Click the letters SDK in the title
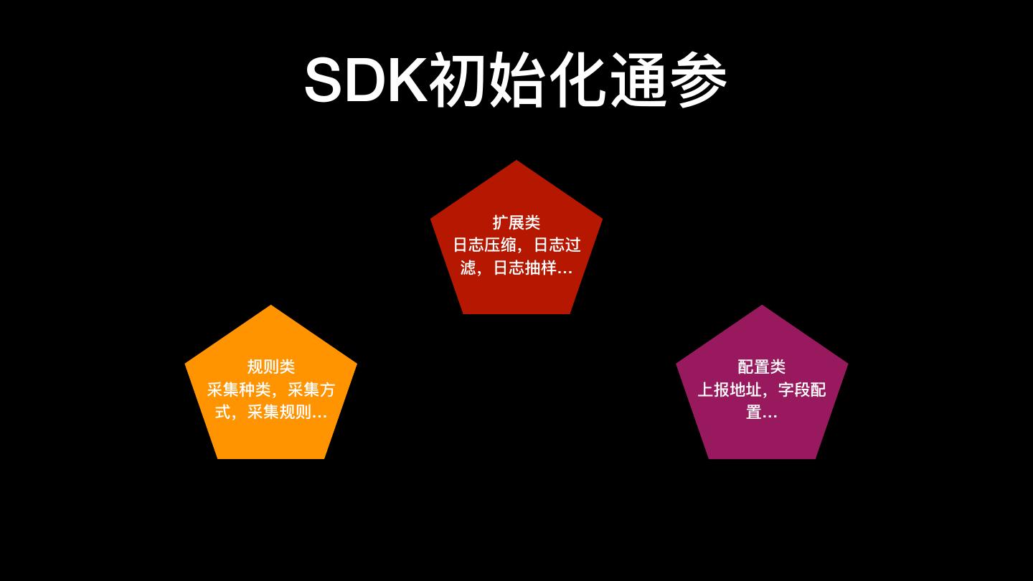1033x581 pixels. pyautogui.click(x=366, y=80)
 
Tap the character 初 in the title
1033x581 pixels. pyautogui.click(x=459, y=80)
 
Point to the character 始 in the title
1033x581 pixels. pyautogui.click(x=519, y=80)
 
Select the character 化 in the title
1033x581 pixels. pyautogui.click(x=579, y=80)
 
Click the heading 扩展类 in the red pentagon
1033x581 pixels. pyautogui.click(x=516, y=222)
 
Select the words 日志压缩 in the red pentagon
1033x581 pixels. pyautogui.click(x=485, y=245)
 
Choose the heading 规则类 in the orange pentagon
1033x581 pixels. pyautogui.click(x=271, y=367)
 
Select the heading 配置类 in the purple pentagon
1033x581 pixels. pyautogui.click(x=762, y=367)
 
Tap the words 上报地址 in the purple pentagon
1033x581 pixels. pyautogui.click(x=730, y=389)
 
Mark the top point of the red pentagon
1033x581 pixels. pyautogui.click(x=516, y=161)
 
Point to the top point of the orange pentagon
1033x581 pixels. pyautogui.click(x=271, y=306)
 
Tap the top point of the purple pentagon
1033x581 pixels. pyautogui.click(x=762, y=306)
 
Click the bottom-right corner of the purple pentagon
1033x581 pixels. pyautogui.click(x=815, y=458)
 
